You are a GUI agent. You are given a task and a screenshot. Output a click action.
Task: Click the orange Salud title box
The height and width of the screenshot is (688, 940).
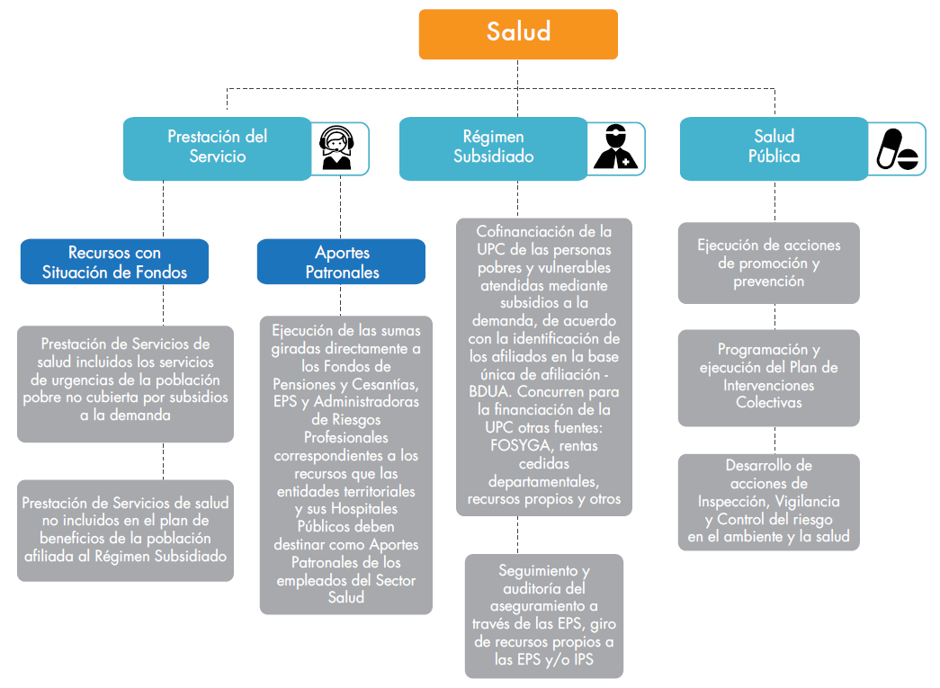(x=518, y=34)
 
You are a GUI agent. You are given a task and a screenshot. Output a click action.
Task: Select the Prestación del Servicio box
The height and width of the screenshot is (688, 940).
(x=217, y=147)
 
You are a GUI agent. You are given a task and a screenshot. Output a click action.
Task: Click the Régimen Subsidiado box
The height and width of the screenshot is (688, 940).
(x=493, y=147)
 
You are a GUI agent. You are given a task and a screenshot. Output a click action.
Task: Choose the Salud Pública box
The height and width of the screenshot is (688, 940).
(x=774, y=147)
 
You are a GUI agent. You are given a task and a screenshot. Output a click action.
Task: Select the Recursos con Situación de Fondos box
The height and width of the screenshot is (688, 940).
(x=114, y=262)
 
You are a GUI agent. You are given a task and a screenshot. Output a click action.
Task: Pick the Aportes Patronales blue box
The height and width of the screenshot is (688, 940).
(x=342, y=262)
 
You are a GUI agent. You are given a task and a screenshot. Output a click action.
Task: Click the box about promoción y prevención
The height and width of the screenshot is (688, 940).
(x=768, y=263)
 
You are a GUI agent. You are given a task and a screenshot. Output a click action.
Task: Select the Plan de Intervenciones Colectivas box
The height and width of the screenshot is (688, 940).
(x=768, y=376)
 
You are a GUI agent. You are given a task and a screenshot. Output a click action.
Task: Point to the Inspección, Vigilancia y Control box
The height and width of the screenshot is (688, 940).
(x=768, y=502)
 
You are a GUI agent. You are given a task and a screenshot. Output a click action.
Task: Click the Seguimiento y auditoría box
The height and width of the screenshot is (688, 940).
(x=543, y=615)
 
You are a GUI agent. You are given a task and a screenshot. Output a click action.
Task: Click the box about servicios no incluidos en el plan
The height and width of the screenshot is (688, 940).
(x=125, y=530)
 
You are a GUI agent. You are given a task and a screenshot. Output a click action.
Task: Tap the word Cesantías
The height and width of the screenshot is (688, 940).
(x=384, y=384)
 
